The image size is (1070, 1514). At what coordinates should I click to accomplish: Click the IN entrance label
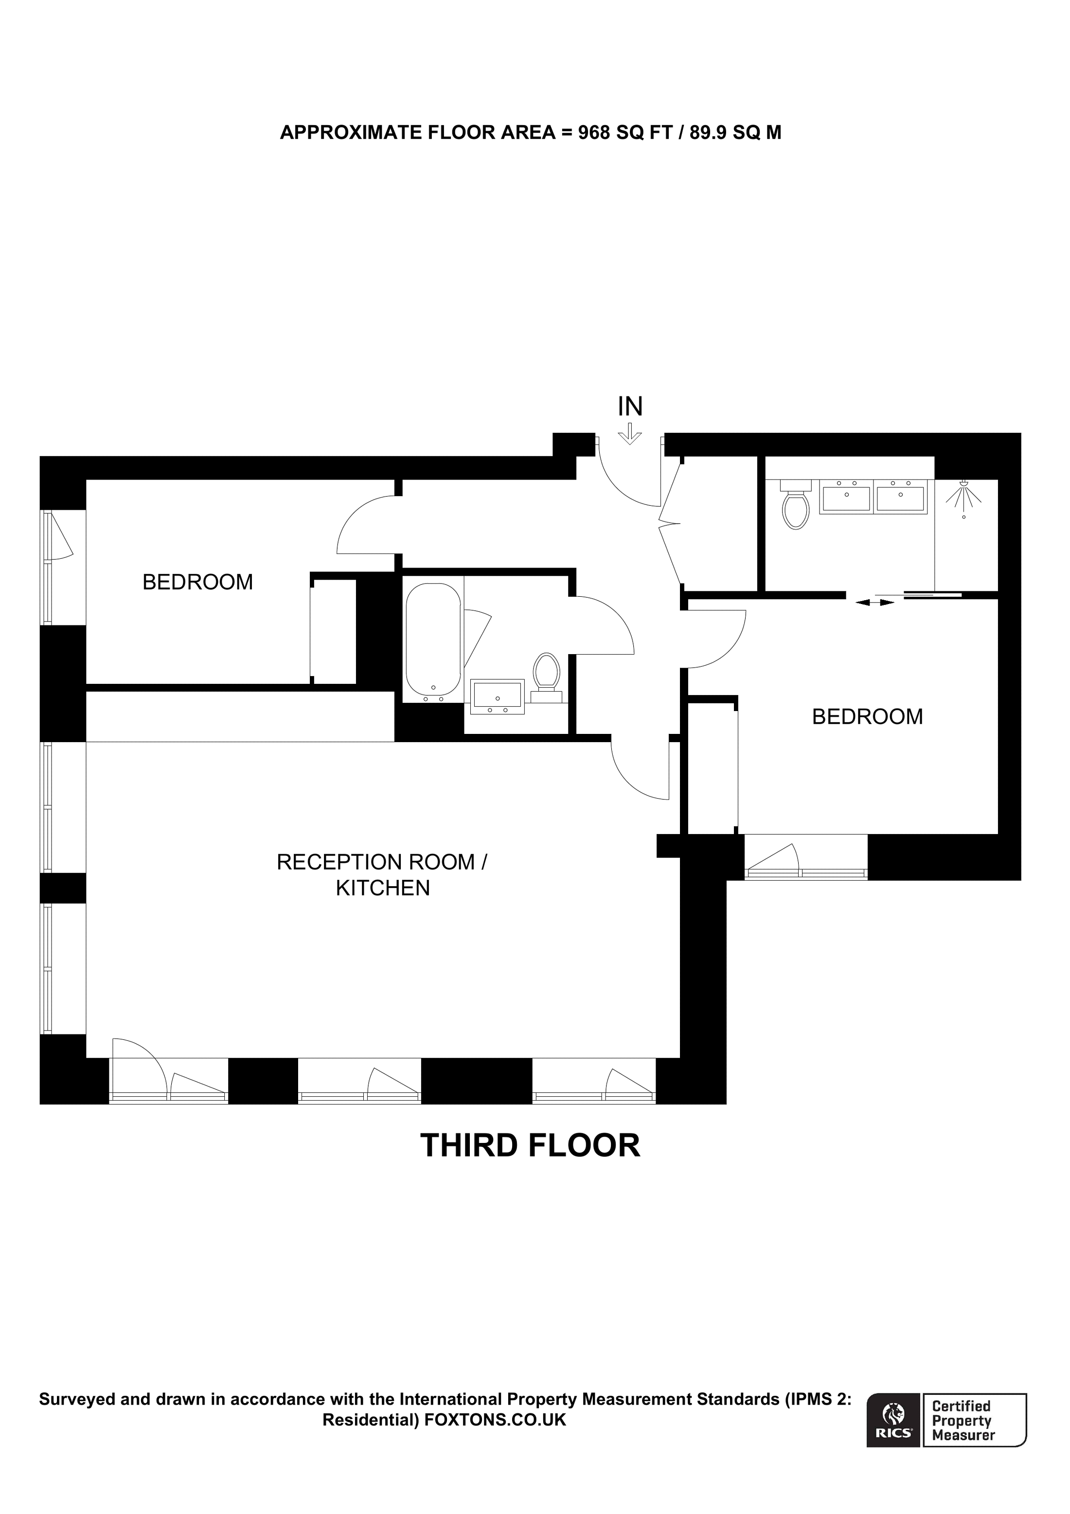(630, 407)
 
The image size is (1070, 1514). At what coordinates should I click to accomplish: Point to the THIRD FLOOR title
(530, 1145)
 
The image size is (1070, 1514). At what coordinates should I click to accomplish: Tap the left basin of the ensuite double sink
(846, 496)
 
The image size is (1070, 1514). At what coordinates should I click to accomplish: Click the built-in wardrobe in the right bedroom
(712, 768)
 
